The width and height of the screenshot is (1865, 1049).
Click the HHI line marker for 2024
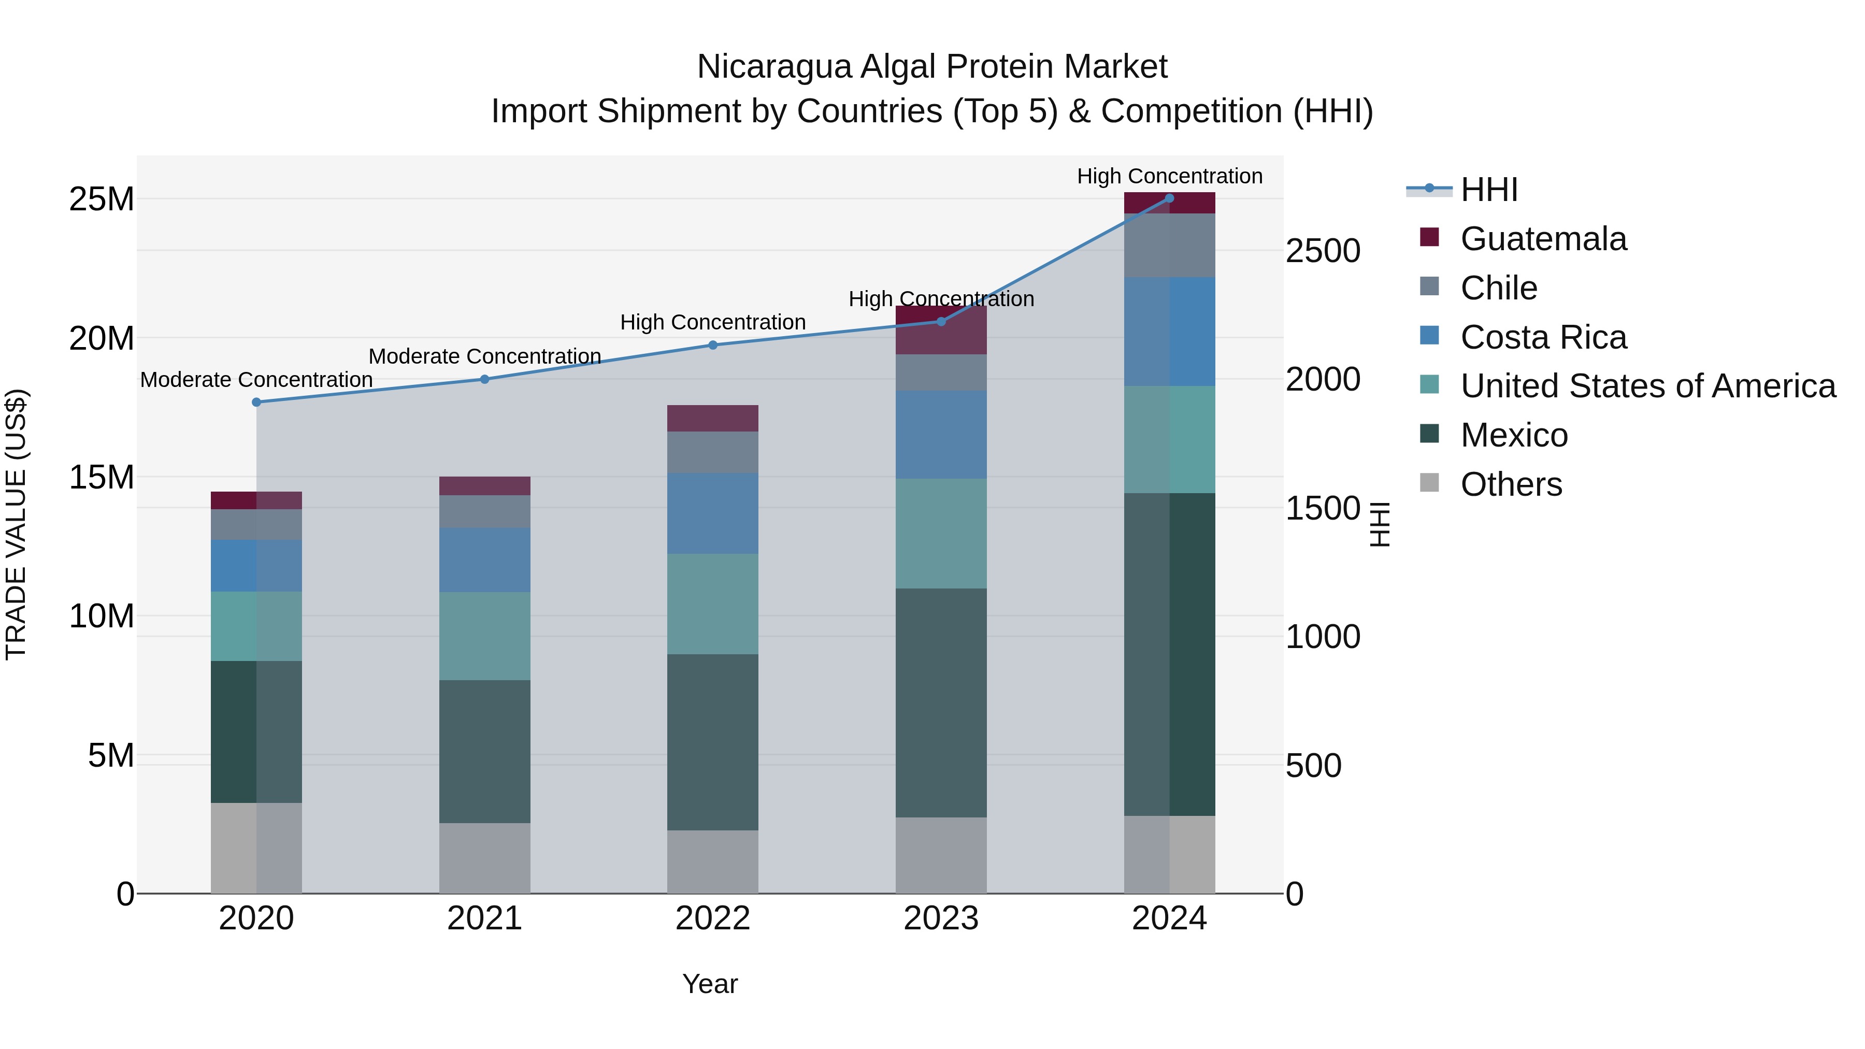1169,198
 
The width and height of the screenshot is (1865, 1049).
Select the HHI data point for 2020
256,403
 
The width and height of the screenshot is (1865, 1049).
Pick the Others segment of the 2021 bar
484,857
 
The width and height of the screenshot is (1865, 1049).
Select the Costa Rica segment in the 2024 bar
1169,332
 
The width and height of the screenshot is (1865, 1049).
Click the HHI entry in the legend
1488,190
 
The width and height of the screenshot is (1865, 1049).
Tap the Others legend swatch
1429,483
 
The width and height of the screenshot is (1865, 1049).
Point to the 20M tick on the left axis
102,339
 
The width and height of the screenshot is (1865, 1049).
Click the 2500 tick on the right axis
1322,252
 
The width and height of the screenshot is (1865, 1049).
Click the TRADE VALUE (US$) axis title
16,524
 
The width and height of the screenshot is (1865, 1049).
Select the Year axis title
710,984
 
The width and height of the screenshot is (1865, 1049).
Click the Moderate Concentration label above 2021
484,356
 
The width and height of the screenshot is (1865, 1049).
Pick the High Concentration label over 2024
1169,176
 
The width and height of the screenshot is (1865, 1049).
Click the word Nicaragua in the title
774,67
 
